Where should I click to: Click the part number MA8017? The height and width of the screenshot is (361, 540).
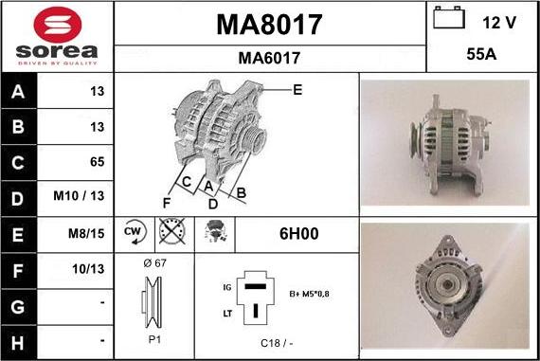click(x=269, y=25)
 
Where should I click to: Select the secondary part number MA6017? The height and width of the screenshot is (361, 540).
click(x=269, y=58)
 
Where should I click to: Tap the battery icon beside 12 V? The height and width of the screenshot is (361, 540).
click(x=449, y=18)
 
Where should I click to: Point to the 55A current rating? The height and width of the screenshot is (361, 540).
click(x=481, y=54)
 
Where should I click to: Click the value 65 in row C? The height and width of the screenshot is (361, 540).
click(x=98, y=162)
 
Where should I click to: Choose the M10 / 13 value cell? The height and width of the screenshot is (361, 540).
click(x=79, y=195)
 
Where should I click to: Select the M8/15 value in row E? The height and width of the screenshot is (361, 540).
click(x=86, y=233)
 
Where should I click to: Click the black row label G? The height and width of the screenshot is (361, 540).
click(x=18, y=307)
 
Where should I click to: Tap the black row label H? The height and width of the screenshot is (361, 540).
click(x=18, y=343)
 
